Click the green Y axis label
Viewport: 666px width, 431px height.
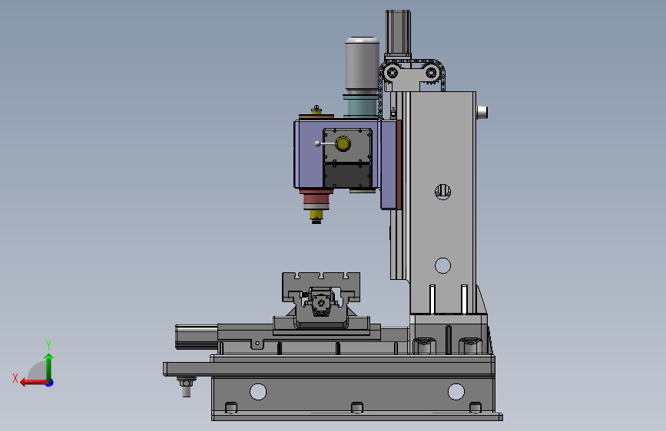click(x=48, y=345)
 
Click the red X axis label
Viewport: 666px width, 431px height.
click(x=15, y=378)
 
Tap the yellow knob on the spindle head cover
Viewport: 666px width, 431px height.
click(x=343, y=144)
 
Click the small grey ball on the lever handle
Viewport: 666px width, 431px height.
click(x=317, y=144)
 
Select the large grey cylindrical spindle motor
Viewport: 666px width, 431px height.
click(x=362, y=65)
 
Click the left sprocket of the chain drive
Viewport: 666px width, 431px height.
click(x=392, y=73)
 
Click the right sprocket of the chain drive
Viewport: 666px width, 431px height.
click(x=431, y=73)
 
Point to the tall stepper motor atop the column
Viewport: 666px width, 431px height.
click(x=398, y=34)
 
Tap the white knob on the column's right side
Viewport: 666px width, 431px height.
click(x=482, y=113)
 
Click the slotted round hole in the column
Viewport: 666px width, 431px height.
click(x=442, y=192)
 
